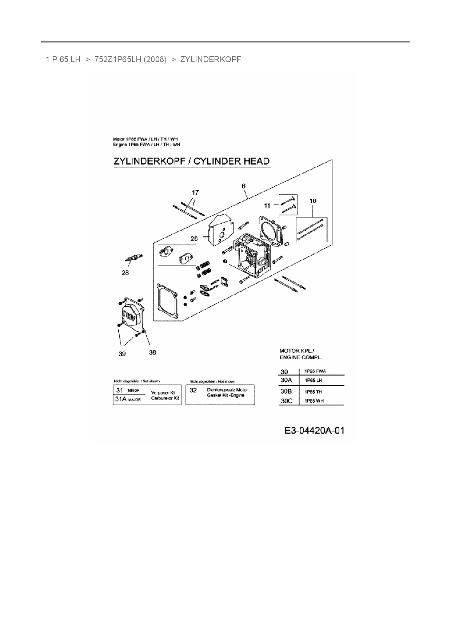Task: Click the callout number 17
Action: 195,192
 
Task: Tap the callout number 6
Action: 243,186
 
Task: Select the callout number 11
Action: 267,206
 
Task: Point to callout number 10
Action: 313,201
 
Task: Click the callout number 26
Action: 194,239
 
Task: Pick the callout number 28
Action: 125,273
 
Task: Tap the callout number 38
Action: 152,352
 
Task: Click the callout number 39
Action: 122,354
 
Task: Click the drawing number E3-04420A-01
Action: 314,431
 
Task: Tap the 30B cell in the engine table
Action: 286,391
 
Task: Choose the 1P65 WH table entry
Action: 314,401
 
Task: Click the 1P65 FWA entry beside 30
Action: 315,371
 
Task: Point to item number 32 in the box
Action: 193,390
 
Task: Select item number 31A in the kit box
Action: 120,399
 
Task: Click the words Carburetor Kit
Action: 165,398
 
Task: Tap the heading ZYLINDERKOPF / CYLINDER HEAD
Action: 191,161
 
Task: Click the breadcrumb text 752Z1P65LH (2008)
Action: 130,60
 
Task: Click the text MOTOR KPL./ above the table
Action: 297,351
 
